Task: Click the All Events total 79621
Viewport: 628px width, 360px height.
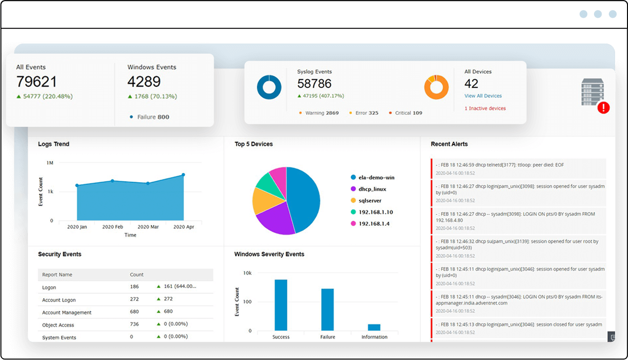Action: point(36,82)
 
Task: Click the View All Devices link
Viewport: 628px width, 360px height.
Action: point(483,96)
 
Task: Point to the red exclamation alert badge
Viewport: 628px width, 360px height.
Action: point(604,108)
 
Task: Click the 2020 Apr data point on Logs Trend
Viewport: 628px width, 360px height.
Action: point(183,175)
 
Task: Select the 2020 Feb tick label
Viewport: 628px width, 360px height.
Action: point(113,227)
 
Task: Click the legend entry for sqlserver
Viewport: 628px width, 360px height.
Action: point(369,201)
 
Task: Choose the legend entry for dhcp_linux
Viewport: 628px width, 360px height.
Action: point(372,189)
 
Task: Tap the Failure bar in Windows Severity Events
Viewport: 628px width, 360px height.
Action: point(328,309)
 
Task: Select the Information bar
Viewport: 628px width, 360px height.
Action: point(374,327)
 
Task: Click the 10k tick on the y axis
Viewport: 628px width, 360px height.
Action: point(247,273)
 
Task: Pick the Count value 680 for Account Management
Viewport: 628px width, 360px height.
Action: point(135,312)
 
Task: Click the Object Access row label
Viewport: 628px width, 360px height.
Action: point(58,325)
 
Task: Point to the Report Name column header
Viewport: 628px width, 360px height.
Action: point(57,275)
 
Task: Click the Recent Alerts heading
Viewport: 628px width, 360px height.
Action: point(449,144)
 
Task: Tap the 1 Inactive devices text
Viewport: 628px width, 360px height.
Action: point(485,108)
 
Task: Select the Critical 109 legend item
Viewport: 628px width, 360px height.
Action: point(405,113)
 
